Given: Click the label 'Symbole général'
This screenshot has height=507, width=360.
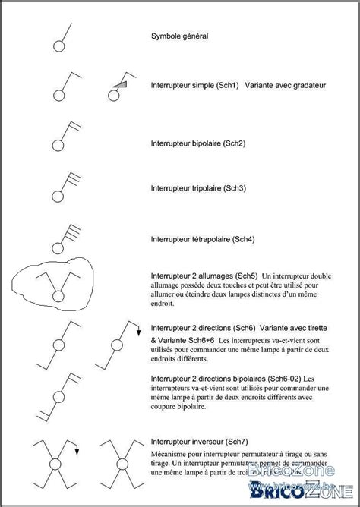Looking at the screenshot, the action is [x=179, y=36].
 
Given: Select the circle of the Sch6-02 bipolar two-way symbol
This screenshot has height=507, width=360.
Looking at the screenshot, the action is [x=58, y=396].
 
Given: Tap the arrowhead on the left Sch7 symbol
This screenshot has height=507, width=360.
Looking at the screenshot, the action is [x=76, y=453].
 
